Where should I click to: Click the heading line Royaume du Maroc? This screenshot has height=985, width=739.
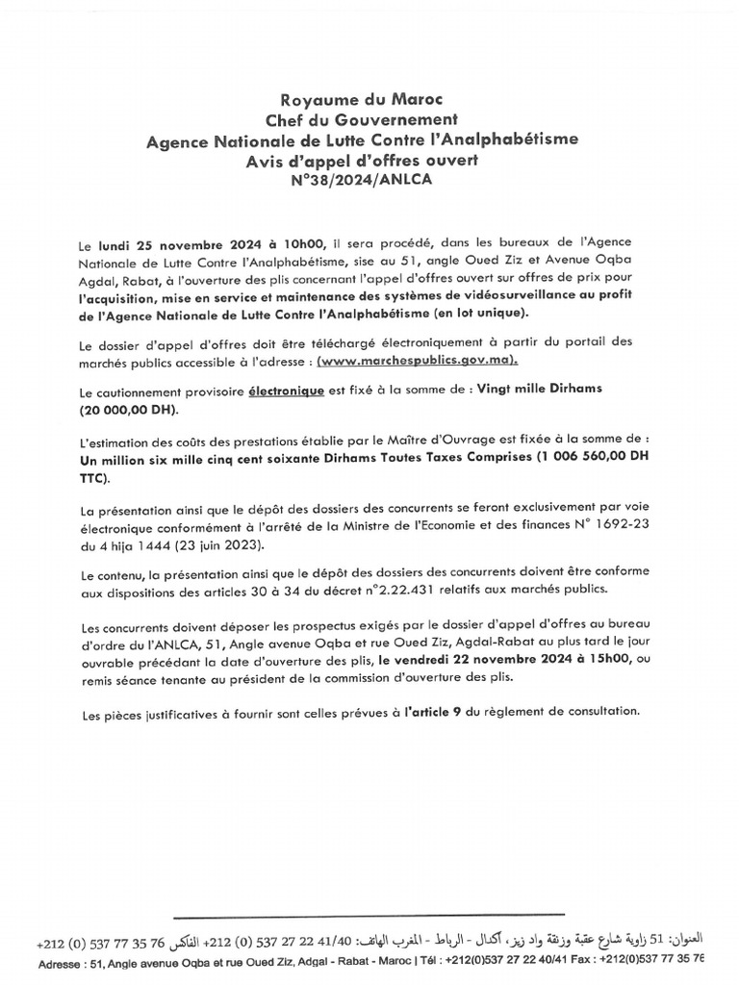pos(362,99)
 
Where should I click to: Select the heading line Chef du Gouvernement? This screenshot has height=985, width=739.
pos(362,119)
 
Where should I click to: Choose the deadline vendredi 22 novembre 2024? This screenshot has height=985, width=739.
pos(467,661)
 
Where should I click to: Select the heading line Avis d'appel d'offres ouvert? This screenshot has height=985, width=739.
pos(362,160)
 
